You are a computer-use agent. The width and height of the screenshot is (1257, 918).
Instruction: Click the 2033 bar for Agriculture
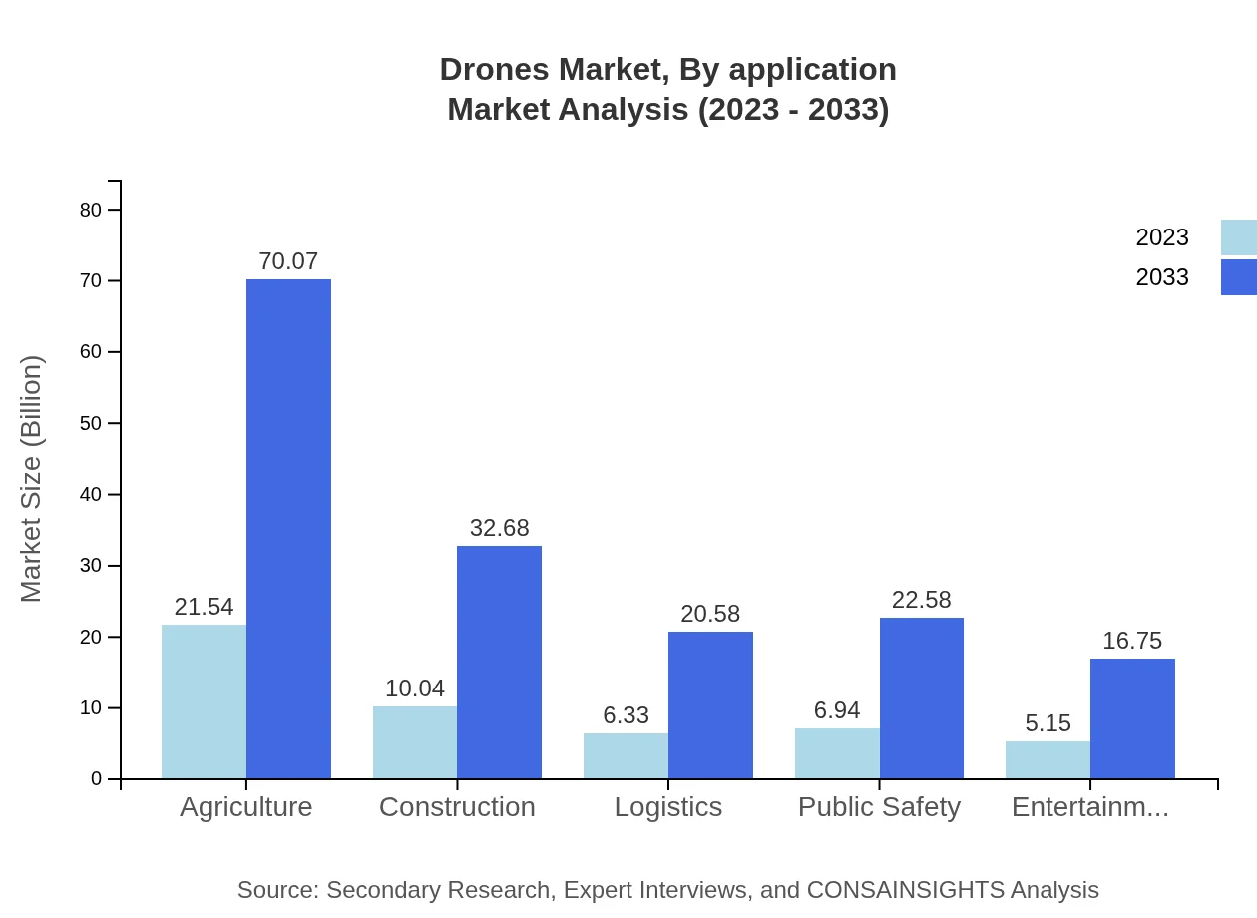[x=288, y=529]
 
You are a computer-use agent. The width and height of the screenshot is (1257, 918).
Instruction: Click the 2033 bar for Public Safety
[x=922, y=697]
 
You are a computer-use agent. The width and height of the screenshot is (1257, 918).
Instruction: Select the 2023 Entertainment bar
[x=1047, y=759]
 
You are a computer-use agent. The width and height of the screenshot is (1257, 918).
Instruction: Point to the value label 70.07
[x=288, y=261]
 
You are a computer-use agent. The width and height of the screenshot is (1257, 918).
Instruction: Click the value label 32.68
[x=499, y=528]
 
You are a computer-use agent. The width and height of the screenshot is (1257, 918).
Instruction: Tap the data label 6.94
[x=837, y=710]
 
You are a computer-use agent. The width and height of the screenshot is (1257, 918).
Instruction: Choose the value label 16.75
[x=1132, y=641]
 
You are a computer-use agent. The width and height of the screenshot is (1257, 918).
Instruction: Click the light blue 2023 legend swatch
[x=1238, y=237]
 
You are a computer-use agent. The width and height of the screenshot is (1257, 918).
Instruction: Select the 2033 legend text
[x=1162, y=277]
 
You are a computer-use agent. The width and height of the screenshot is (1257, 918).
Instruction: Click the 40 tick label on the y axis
[x=91, y=495]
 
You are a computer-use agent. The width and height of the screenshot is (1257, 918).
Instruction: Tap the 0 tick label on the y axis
[x=97, y=779]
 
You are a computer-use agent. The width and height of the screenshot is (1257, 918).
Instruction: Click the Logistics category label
[x=668, y=807]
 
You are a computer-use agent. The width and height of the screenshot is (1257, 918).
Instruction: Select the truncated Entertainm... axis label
[x=1089, y=807]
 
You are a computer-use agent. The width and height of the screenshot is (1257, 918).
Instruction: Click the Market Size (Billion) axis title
[x=32, y=479]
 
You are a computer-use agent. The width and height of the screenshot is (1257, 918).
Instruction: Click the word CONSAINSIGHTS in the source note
[x=904, y=890]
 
